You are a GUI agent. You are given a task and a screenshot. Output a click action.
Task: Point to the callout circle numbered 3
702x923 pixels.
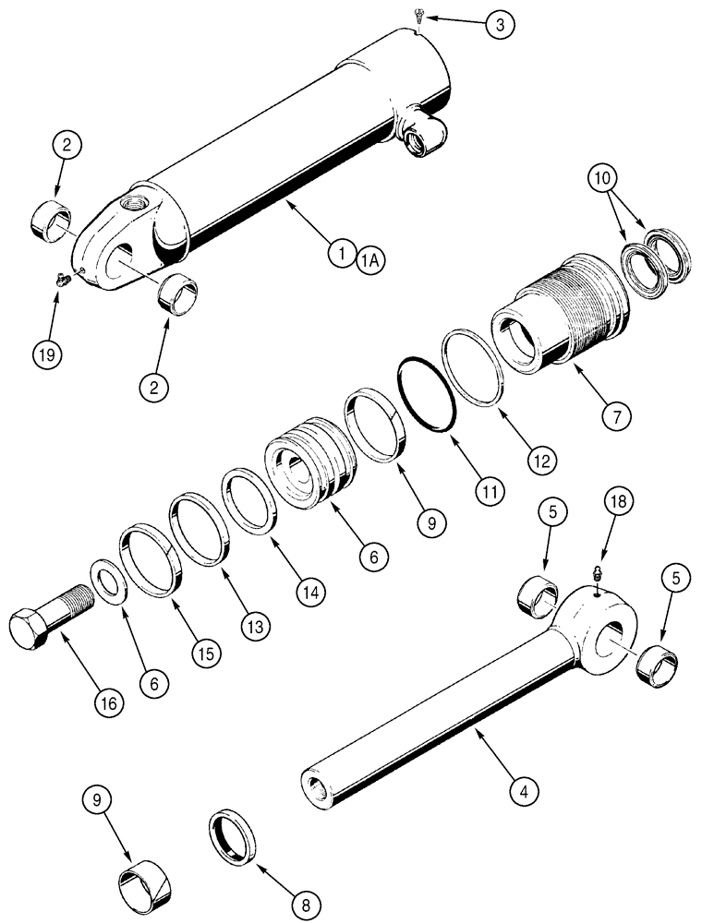[499, 25]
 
